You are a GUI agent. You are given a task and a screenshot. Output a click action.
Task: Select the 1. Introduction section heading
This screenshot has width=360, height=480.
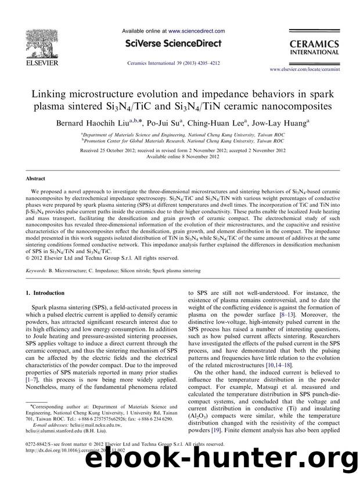[44, 293]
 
